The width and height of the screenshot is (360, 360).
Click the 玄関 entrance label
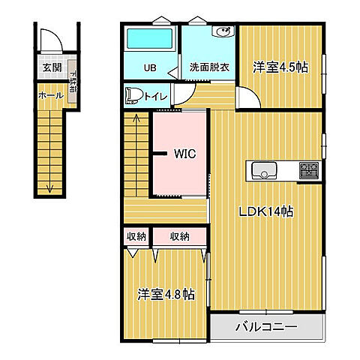(52, 68)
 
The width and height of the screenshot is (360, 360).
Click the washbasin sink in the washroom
(223, 32)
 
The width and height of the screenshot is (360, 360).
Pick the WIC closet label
(184, 154)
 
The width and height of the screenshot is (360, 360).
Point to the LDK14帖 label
(265, 212)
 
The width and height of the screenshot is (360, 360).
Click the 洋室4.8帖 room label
(166, 293)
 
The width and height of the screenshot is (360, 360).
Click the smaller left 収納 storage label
(136, 237)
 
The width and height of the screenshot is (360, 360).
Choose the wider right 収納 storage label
(179, 237)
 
